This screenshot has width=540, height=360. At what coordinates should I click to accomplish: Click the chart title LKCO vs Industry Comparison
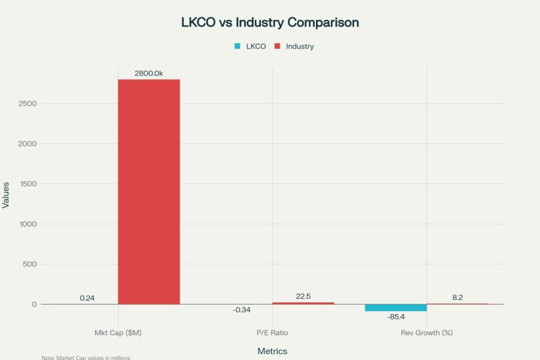click(x=270, y=23)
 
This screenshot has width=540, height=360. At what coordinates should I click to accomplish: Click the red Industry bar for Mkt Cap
click(x=149, y=192)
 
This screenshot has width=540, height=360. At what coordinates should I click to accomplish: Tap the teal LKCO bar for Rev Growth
click(x=396, y=308)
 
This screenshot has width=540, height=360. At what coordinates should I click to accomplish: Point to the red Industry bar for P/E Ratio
click(x=303, y=303)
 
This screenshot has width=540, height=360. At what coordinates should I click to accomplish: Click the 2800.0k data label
click(x=149, y=73)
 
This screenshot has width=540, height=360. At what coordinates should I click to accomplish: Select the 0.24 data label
click(x=87, y=298)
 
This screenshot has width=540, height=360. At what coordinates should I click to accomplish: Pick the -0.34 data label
click(x=242, y=310)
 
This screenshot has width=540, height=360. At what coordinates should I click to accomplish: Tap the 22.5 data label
click(x=303, y=296)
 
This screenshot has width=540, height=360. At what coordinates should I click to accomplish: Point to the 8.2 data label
click(x=457, y=297)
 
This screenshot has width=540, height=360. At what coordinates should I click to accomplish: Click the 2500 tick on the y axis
click(x=27, y=103)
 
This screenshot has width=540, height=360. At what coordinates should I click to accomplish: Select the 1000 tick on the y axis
click(x=27, y=224)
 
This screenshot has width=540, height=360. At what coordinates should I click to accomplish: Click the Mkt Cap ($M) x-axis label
click(x=118, y=333)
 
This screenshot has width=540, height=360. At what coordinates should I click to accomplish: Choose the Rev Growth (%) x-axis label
click(x=426, y=333)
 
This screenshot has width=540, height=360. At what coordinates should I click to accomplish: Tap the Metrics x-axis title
click(x=272, y=351)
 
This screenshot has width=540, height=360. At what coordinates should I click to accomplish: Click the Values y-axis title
click(x=6, y=195)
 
